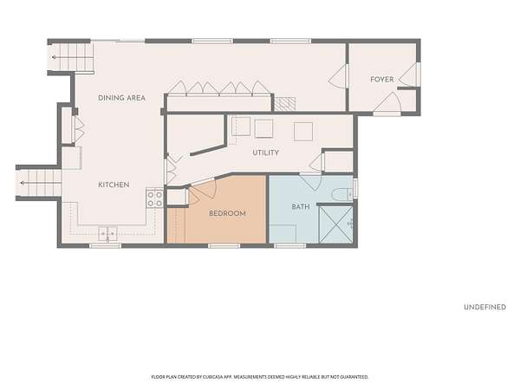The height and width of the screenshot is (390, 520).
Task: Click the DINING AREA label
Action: pos(121,98)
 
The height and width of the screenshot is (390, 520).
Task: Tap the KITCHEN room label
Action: pos(114,185)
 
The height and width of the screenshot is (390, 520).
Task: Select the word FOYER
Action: pos(382,80)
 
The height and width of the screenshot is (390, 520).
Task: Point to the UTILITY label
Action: pos(266,153)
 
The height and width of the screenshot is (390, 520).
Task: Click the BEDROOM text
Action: pos(227,213)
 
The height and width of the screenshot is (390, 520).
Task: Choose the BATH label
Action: pos(301,207)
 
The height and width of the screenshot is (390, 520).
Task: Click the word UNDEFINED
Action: pos(484,307)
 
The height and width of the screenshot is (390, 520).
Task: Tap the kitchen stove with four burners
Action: pos(154,198)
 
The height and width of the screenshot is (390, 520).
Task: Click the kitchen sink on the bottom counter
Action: pos(107,233)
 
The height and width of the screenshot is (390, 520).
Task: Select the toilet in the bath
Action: pos(343,194)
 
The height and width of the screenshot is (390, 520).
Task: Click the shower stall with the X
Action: pos(335,224)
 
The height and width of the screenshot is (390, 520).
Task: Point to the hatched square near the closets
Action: pos(284,104)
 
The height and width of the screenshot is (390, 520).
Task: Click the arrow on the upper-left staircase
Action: pos(72,57)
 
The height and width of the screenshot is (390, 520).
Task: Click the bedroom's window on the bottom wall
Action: pos(224,246)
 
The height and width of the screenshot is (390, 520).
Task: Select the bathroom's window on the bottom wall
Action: pos(290,246)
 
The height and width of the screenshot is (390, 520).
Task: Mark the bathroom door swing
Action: pos(311,182)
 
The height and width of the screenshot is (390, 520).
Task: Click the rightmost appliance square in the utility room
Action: pos(303,132)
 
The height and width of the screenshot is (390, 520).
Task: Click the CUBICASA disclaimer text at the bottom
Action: pos(260,377)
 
